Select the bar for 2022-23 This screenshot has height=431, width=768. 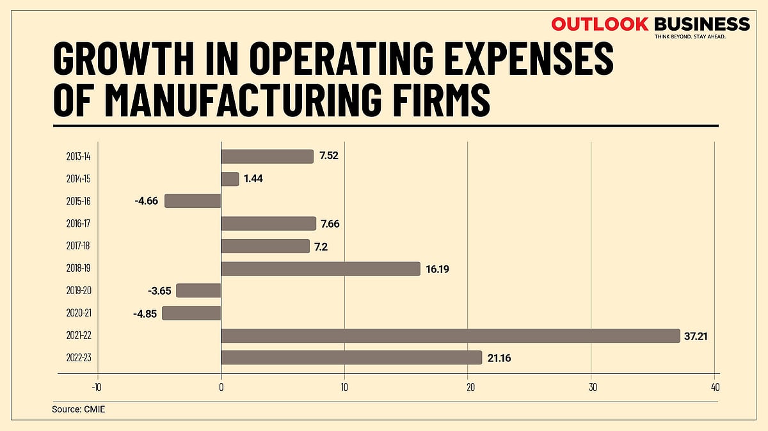coord(351,357)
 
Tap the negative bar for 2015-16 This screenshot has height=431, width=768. coord(193,201)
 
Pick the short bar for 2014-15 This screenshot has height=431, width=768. coord(230,179)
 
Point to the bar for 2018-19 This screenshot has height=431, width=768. coord(320,269)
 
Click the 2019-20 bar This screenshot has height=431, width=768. coord(198,290)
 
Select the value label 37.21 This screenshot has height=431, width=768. coord(698,336)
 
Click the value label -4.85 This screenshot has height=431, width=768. coord(145,313)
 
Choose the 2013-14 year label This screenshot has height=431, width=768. coord(78,157)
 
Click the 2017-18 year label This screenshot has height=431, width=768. coord(78,246)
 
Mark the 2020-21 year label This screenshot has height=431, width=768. coord(78,313)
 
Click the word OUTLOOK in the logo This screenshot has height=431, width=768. coord(600,24)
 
